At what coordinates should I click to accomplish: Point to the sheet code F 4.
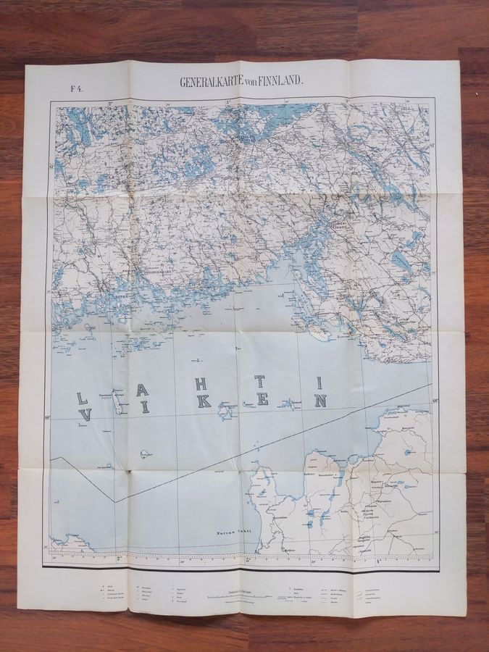[75, 89]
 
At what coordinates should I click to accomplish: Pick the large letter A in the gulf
[143, 389]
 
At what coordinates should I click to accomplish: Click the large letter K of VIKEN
[204, 401]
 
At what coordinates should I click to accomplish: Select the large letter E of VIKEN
[263, 398]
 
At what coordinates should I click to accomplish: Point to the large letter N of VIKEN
[321, 400]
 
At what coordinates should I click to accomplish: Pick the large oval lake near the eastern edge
[398, 259]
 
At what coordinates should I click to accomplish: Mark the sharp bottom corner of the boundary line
[113, 501]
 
